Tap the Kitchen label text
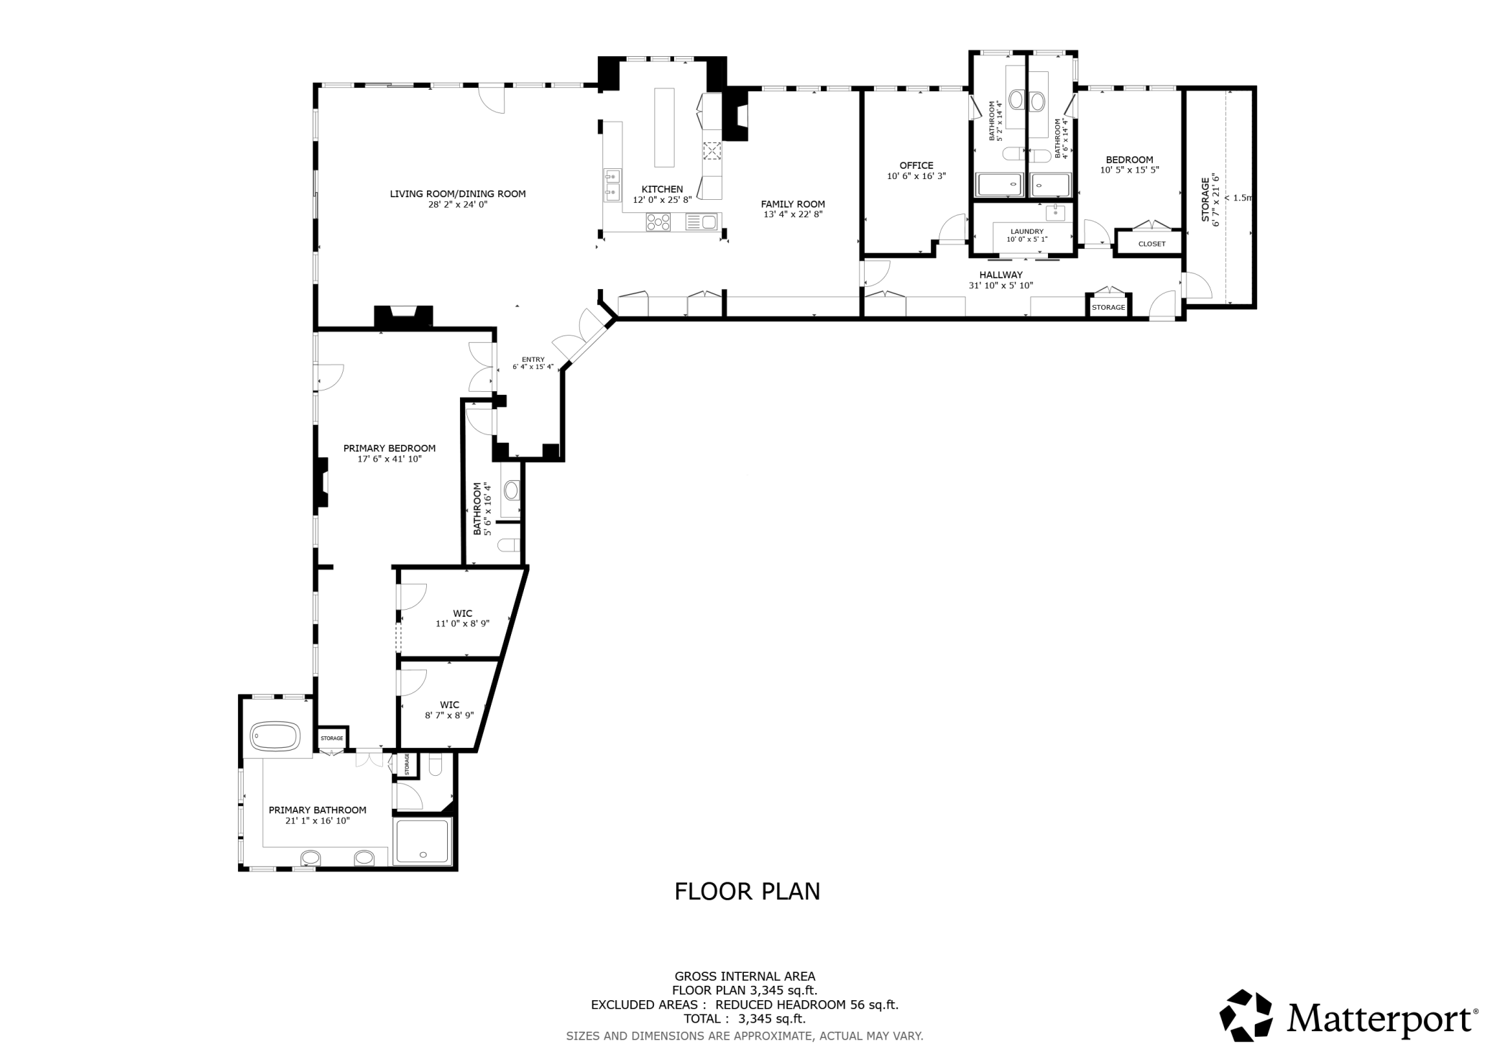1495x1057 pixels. [662, 189]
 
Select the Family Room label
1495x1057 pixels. [793, 204]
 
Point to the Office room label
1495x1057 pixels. [916, 165]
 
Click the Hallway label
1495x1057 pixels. [1000, 275]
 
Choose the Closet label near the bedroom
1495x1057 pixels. [1151, 244]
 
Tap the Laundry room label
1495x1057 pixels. [1026, 232]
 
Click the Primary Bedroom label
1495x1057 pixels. [390, 448]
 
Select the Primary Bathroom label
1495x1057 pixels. [318, 810]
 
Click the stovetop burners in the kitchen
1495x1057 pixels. [658, 222]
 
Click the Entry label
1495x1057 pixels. [533, 360]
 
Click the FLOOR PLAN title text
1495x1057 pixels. [747, 892]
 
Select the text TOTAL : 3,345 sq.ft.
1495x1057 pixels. [745, 1018]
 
